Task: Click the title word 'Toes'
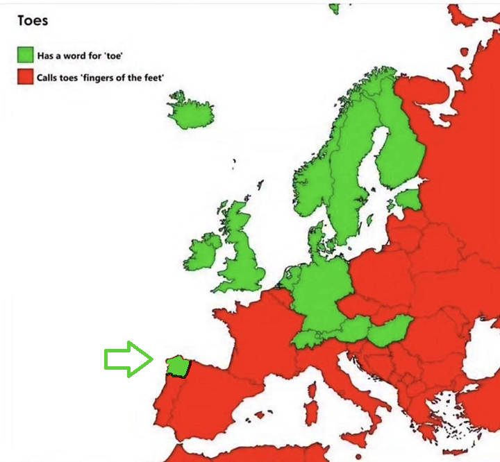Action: [33, 19]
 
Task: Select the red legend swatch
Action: [26, 76]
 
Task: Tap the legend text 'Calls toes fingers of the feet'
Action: [101, 77]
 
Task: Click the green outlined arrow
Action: [128, 359]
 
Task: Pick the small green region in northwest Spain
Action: [177, 366]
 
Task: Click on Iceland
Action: [190, 110]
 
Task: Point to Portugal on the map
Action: [166, 409]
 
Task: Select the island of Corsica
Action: [314, 388]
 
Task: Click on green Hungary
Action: [389, 332]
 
